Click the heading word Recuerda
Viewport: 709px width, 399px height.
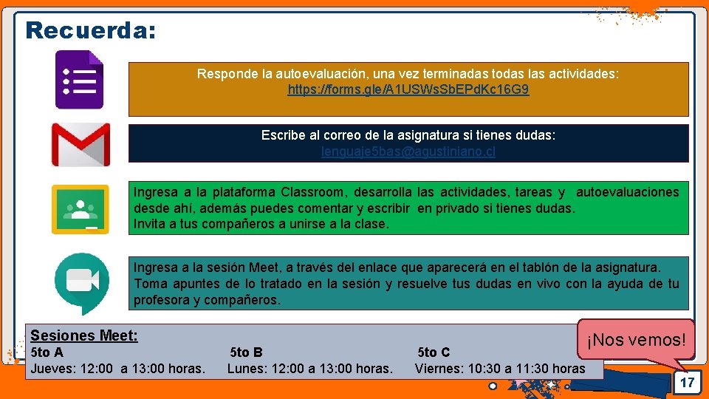click(90, 30)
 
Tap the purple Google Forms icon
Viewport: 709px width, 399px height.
click(80, 79)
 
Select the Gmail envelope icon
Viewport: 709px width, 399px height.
click(80, 144)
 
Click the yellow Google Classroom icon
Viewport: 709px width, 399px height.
click(80, 209)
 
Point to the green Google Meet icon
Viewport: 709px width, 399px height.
click(81, 282)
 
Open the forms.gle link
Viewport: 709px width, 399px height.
click(408, 90)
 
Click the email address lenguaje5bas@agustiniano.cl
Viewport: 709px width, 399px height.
click(408, 151)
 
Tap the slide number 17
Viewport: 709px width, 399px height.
click(687, 383)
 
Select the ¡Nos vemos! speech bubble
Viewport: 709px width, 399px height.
click(636, 341)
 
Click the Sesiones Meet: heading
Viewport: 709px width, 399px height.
click(83, 336)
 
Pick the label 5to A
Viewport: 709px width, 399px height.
click(47, 352)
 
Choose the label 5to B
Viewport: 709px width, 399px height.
click(246, 352)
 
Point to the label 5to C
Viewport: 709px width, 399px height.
click(434, 352)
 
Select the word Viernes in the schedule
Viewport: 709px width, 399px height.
click(437, 368)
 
